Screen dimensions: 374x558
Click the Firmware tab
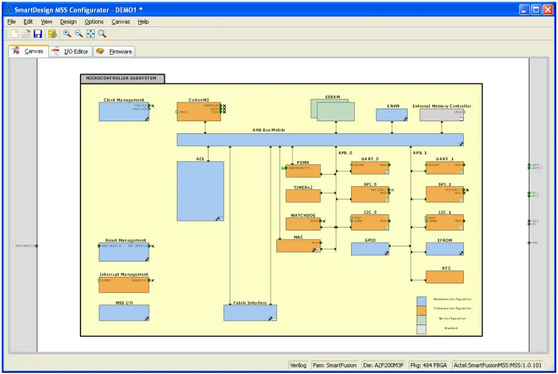pyautogui.click(x=114, y=52)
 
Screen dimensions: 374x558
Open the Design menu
pyautogui.click(x=68, y=22)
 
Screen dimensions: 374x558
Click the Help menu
pyautogui.click(x=143, y=22)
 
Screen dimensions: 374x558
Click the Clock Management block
pyautogui.click(x=124, y=112)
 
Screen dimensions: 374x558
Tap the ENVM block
pyautogui.click(x=391, y=115)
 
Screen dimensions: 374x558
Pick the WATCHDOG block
pyautogui.click(x=303, y=224)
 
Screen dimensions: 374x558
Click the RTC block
pyautogui.click(x=444, y=277)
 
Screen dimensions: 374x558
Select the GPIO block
pyautogui.click(x=370, y=249)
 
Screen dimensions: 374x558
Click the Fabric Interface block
pyautogui.click(x=249, y=313)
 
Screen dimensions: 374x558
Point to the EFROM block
pyautogui.click(x=444, y=249)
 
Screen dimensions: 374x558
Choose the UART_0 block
pyautogui.click(x=370, y=168)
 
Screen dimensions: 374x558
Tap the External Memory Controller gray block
pyautogui.click(x=441, y=115)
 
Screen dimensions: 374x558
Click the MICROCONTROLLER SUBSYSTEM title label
pyautogui.click(x=122, y=78)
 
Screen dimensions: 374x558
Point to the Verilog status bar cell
pyautogui.click(x=298, y=365)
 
